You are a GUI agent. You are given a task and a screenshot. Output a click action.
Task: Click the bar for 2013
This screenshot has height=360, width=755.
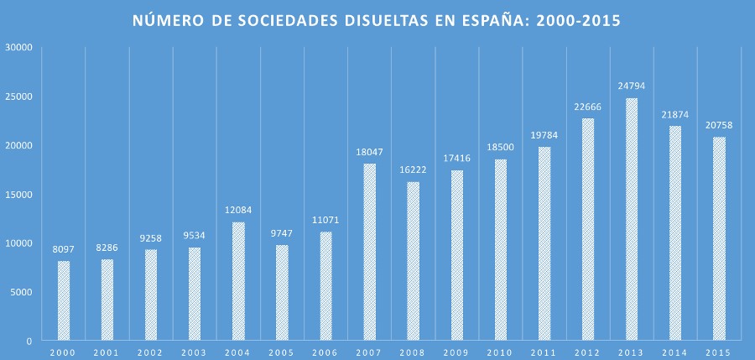pos(632,219)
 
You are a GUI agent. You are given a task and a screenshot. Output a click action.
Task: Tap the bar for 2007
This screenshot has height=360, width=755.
pos(370,252)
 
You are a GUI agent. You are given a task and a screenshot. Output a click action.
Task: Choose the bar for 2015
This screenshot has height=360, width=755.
pos(719,238)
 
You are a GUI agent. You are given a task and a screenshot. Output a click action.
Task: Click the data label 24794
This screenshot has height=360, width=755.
pos(632,86)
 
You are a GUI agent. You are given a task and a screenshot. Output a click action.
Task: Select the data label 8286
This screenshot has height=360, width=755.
pos(107,248)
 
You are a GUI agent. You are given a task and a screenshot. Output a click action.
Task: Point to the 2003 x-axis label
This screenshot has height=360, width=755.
pos(195,352)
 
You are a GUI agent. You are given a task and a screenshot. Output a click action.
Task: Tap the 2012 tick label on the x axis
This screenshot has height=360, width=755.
pos(588,352)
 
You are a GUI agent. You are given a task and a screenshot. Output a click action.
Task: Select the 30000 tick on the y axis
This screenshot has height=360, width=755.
pos(18,47)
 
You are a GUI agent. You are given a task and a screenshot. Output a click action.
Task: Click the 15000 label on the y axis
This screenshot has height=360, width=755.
pos(18,194)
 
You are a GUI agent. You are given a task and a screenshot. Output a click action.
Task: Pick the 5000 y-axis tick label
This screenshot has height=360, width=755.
pos(20,292)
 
